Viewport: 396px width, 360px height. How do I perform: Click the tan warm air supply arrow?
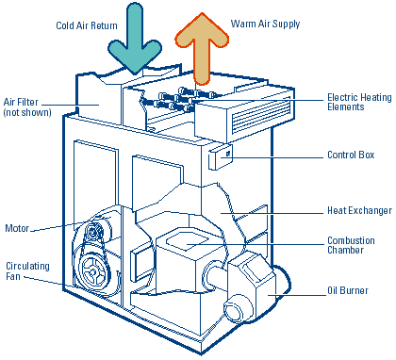tap(202, 47)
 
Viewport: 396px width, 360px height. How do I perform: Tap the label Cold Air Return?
tap(87, 25)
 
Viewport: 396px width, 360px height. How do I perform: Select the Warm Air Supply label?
tap(265, 25)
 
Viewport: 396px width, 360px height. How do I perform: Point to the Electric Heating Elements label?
tap(359, 102)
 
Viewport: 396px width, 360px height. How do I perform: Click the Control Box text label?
tap(351, 155)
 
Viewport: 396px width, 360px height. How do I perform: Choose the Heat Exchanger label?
tap(359, 210)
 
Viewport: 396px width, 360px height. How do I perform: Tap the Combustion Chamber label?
tap(351, 245)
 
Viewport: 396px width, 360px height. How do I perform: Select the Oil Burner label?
tap(348, 290)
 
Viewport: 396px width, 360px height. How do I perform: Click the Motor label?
tap(17, 228)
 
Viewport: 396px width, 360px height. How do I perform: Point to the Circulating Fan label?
tap(27, 271)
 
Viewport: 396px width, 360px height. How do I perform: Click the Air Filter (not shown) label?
tap(27, 107)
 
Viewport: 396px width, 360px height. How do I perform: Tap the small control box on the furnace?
tap(221, 156)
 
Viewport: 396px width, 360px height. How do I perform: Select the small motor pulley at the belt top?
tap(93, 232)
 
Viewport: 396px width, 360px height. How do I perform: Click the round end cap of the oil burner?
tap(234, 308)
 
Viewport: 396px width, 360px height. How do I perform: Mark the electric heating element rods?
tap(177, 100)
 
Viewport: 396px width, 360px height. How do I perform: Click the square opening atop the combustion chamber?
tap(188, 242)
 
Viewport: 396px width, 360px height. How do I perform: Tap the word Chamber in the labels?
tap(346, 251)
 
